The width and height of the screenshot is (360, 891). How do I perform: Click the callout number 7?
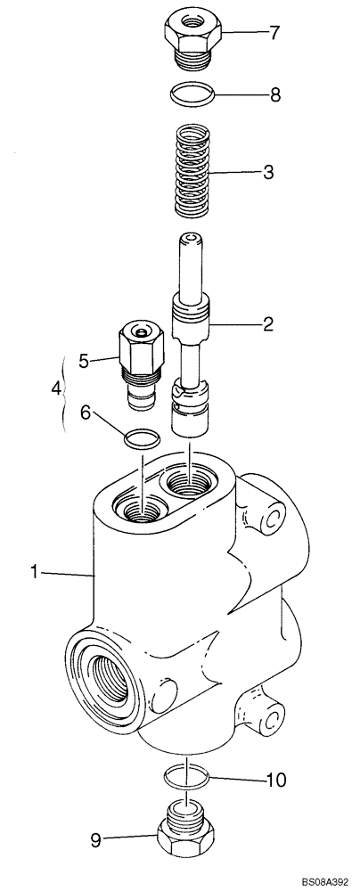click(x=274, y=34)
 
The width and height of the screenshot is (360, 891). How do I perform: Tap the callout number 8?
click(x=275, y=93)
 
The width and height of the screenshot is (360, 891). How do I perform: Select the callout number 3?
click(x=268, y=175)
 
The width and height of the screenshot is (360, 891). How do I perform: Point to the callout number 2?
click(x=268, y=326)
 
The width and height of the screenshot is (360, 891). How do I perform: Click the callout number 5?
click(x=85, y=361)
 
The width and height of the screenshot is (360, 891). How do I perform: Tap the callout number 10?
click(x=278, y=782)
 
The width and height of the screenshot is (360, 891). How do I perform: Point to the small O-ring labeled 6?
click(x=140, y=437)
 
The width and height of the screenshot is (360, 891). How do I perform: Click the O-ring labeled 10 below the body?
click(x=188, y=778)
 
